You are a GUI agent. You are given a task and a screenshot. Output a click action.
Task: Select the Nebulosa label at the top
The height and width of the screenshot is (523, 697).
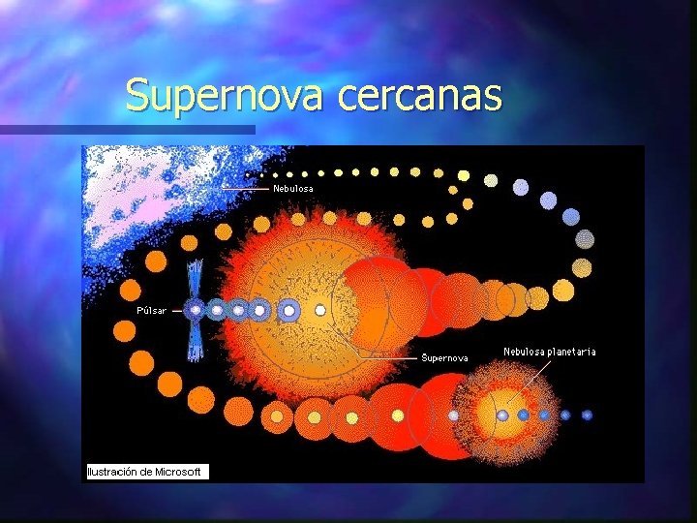[x=293, y=188]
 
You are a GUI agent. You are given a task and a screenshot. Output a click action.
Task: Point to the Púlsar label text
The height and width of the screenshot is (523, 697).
[x=151, y=311]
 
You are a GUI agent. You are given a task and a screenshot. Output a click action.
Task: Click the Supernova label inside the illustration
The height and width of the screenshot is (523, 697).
[x=444, y=357]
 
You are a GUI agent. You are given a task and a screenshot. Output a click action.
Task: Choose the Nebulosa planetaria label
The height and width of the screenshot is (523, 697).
[x=549, y=352]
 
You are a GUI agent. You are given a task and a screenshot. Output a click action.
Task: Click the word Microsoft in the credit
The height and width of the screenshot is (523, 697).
[x=178, y=472]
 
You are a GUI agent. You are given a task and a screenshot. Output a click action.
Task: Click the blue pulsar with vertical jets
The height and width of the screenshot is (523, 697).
[x=196, y=310]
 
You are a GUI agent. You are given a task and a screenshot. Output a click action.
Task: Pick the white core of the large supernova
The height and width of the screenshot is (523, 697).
[x=320, y=311]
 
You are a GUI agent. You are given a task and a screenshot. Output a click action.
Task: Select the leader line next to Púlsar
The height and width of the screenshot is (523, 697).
[x=178, y=311]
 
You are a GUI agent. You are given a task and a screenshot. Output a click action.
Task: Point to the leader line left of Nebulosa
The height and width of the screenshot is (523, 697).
[x=247, y=188]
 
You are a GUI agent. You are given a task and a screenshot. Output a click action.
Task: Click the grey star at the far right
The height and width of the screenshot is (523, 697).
[x=585, y=238]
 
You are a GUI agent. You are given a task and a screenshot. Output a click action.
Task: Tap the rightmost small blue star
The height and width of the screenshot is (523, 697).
[x=587, y=415]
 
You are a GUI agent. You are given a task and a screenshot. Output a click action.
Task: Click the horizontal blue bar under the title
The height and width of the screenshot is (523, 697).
[x=126, y=130]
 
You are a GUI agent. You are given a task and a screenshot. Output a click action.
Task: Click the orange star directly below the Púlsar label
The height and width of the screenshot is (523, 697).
[x=124, y=331]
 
